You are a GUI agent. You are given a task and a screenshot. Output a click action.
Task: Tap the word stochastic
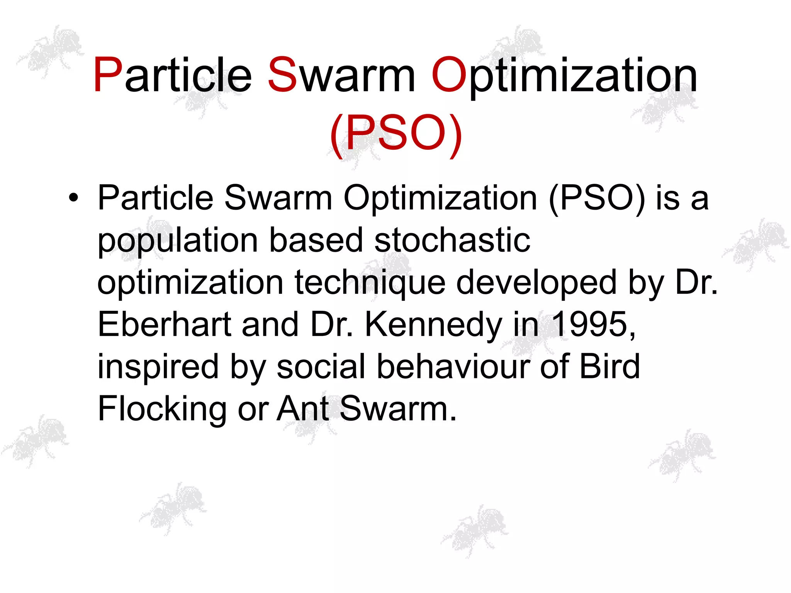click(x=452, y=240)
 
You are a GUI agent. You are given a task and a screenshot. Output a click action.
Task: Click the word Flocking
click(x=162, y=409)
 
